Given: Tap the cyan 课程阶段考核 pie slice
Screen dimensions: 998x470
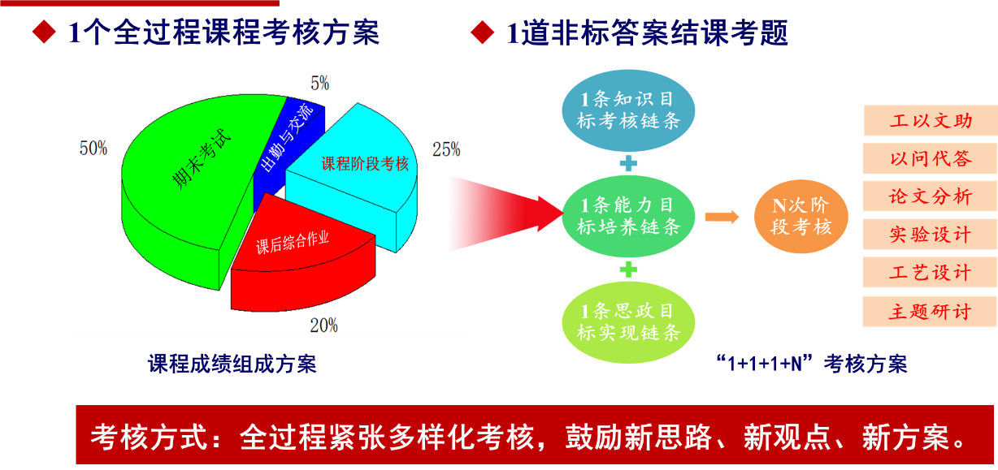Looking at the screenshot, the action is (357, 174).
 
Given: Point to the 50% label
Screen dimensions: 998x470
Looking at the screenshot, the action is (93, 149).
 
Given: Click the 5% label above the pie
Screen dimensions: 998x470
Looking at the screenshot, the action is (320, 84).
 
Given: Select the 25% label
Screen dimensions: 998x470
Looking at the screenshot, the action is (446, 149).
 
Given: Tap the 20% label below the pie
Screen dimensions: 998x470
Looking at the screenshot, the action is (324, 326).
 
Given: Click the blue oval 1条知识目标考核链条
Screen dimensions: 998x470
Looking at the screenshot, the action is (628, 110).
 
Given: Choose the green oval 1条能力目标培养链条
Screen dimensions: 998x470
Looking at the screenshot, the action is (628, 216).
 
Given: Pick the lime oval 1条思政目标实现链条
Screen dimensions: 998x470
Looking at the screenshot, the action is (628, 322).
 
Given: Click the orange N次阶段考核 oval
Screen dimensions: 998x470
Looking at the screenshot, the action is (801, 216).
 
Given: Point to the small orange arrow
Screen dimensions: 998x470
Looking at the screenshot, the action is (722, 218).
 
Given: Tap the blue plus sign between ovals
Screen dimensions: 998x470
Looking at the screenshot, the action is (628, 163).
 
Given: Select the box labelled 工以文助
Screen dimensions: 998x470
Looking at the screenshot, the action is (931, 120).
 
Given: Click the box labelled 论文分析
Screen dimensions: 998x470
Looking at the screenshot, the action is (931, 196).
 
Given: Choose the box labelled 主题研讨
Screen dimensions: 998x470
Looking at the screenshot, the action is (931, 312).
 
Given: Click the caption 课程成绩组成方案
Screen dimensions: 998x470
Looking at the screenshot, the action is (232, 364).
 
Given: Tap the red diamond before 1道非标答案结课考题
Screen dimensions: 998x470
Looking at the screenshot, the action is (483, 32).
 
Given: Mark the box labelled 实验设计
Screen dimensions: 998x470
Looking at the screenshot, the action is (931, 234).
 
